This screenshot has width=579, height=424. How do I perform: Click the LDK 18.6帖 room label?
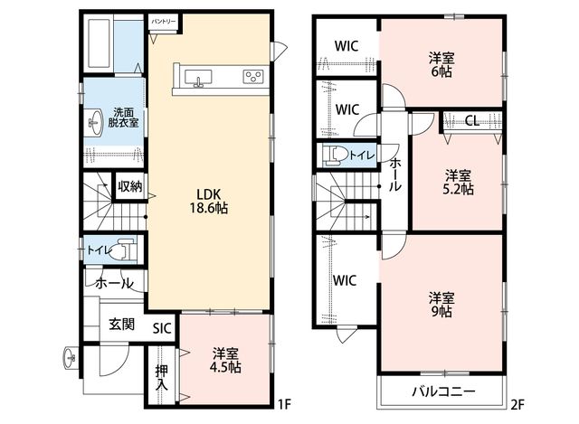pyautogui.click(x=209, y=201)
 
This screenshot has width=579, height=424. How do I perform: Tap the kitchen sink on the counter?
pyautogui.click(x=198, y=78)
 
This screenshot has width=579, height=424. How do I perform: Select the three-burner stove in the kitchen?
pyautogui.click(x=253, y=76)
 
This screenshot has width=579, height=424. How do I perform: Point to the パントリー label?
pyautogui.click(x=164, y=22)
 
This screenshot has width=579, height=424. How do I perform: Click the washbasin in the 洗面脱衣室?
pyautogui.click(x=95, y=123)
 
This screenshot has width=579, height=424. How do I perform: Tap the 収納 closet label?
pyautogui.click(x=130, y=186)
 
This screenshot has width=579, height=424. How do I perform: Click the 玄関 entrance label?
pyautogui.click(x=122, y=325)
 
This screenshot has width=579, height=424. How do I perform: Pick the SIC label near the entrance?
pyautogui.click(x=163, y=328)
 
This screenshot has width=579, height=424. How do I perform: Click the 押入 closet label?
pyautogui.click(x=162, y=378)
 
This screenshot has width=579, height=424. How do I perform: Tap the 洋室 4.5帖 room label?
pyautogui.click(x=225, y=361)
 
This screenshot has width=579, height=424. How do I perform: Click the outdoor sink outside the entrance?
pyautogui.click(x=70, y=357)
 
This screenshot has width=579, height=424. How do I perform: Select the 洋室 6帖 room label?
pyautogui.click(x=441, y=64)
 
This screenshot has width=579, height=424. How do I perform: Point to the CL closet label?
pyautogui.click(x=472, y=120)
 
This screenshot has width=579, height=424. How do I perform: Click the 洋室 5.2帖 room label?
pyautogui.click(x=458, y=182)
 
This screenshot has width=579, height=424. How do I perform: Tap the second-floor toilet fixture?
pyautogui.click(x=335, y=155)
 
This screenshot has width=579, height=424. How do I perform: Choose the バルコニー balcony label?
pyautogui.click(x=444, y=391)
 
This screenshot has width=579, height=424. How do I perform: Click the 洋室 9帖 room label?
pyautogui.click(x=441, y=305)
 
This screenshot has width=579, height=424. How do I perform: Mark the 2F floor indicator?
pyautogui.click(x=517, y=405)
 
